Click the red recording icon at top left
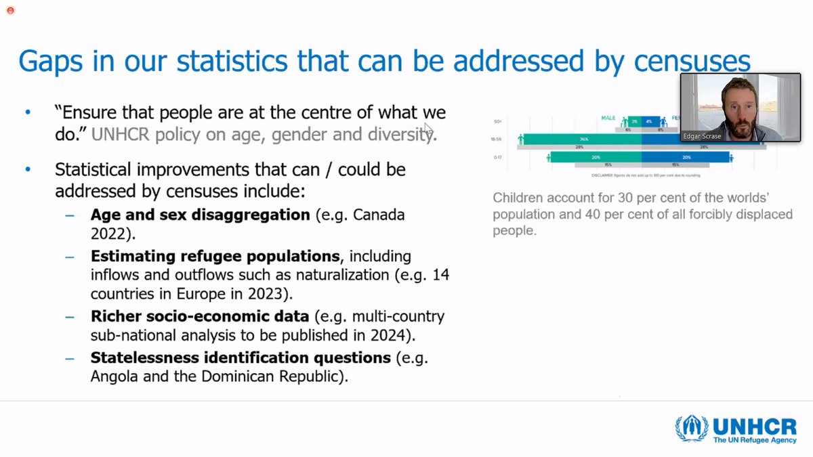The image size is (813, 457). (10, 10)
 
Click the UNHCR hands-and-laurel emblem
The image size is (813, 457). (691, 430)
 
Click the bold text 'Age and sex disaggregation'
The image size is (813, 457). (200, 215)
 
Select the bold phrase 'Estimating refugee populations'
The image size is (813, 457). (215, 257)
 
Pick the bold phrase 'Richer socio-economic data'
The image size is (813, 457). (200, 317)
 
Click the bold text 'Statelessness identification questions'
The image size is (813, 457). (241, 357)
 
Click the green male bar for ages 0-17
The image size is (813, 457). (596, 157)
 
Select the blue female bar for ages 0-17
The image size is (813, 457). (685, 157)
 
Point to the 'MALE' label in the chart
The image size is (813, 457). (608, 118)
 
